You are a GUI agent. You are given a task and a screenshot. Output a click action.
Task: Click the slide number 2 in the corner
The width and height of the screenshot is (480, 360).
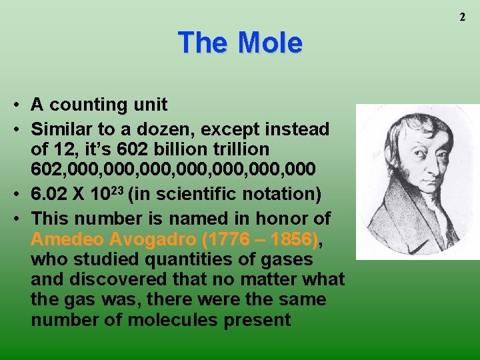462,17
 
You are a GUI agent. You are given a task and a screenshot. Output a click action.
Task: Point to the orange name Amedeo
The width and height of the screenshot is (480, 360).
65,239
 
